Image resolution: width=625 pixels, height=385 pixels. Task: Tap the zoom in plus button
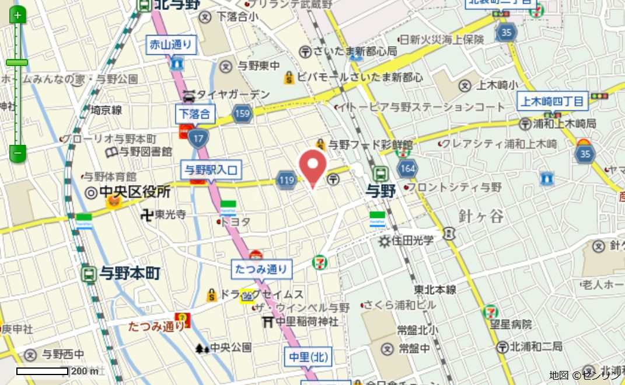pyautogui.click(x=18, y=15)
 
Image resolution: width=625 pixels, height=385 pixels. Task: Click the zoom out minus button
pyautogui.click(x=18, y=154)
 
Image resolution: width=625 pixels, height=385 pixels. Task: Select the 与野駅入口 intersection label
pyautogui.click(x=211, y=171)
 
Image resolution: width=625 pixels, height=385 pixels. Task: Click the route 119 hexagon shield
pyautogui.click(x=287, y=181)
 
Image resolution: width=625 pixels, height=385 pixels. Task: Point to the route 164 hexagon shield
pyautogui.click(x=407, y=169)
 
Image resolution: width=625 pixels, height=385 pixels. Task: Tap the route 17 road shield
pyautogui.click(x=199, y=138)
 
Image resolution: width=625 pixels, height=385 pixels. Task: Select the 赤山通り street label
pyautogui.click(x=170, y=44)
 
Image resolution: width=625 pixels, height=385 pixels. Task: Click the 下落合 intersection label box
pyautogui.click(x=194, y=113)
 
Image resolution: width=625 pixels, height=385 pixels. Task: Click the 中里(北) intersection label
pyautogui.click(x=308, y=356)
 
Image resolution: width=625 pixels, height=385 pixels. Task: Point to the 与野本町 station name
pyautogui.click(x=130, y=273)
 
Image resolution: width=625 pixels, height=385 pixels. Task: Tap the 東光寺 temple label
pyautogui.click(x=170, y=215)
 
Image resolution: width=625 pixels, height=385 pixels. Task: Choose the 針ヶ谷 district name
pyautogui.click(x=481, y=216)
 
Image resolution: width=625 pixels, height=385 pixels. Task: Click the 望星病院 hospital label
pyautogui.click(x=511, y=324)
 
